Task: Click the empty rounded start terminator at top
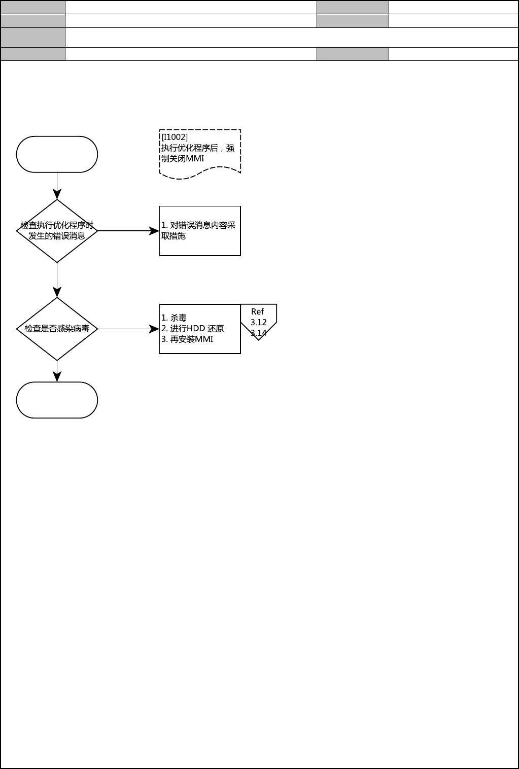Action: tap(57, 154)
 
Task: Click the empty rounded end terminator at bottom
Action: tap(57, 400)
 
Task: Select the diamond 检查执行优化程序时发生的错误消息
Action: tap(57, 231)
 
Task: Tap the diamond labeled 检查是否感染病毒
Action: tap(57, 329)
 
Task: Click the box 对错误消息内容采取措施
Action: tap(200, 231)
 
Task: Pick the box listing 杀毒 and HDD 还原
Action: tap(200, 329)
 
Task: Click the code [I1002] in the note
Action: tap(175, 137)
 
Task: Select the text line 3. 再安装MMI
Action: tap(187, 339)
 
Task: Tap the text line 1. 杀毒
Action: tap(174, 318)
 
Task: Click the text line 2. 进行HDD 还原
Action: tap(193, 329)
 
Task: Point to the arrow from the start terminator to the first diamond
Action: tap(57, 186)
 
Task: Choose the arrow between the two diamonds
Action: tap(57, 279)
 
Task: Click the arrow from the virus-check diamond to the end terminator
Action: tap(57, 371)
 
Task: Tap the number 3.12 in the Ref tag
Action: tap(258, 323)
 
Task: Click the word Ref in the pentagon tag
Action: tap(258, 312)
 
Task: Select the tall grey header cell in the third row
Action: tap(33, 38)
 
